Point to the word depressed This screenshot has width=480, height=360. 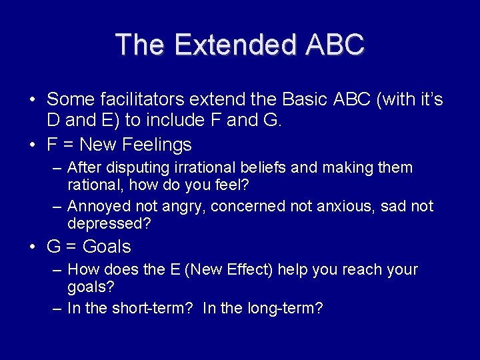109,224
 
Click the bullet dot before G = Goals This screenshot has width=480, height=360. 33,247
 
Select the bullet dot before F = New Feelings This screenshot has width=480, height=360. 33,145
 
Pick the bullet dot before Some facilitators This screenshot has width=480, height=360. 33,100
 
